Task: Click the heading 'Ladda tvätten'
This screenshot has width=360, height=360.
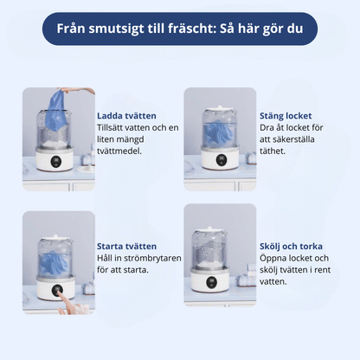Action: (127, 114)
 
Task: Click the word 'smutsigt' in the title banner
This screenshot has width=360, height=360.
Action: (117, 27)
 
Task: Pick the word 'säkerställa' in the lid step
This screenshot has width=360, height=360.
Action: (292, 138)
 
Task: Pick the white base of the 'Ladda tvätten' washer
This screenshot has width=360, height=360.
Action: (58, 161)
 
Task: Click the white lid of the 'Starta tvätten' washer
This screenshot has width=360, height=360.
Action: (57, 229)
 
